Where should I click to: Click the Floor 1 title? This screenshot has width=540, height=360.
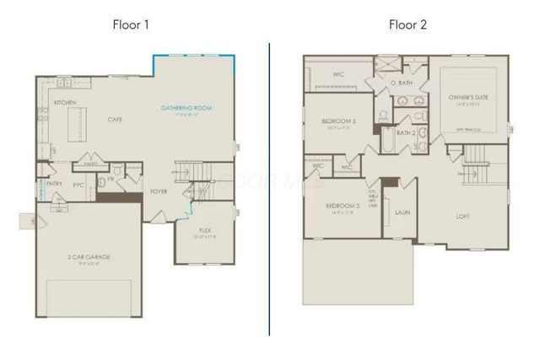pos(131,24)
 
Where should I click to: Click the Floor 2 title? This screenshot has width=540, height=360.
pos(408,24)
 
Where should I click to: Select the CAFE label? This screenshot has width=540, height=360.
pos(116,120)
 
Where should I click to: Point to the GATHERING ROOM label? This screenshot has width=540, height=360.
pos(186,109)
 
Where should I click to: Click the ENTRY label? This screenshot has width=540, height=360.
pos(54,183)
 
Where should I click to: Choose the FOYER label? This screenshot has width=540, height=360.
pos(159,191)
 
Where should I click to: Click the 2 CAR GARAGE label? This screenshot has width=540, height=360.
pos(89,256)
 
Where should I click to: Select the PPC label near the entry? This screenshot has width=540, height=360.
pos(78,184)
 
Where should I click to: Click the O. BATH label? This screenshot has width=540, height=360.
pos(401,84)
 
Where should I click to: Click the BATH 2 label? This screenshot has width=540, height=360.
pos(406,133)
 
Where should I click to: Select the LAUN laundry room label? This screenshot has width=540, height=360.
pos(402,212)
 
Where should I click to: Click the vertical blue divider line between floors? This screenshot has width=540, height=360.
pos(270,185)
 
